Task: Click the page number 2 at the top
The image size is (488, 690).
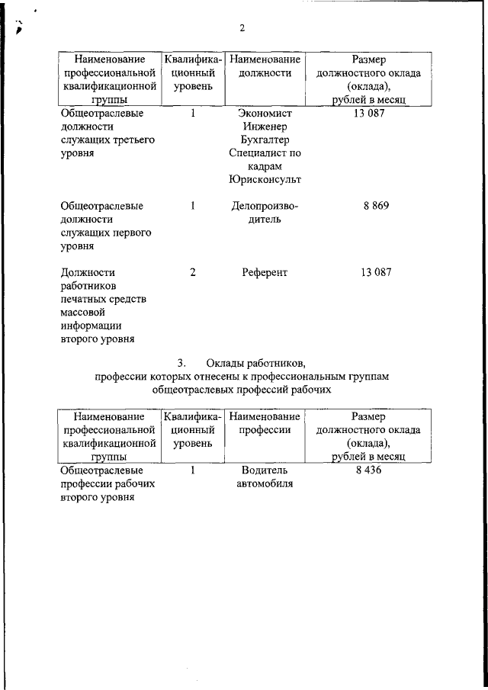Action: tap(242, 28)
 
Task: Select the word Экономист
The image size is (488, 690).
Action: tap(264, 114)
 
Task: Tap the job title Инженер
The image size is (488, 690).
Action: tap(264, 127)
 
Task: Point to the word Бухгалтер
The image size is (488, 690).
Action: tap(264, 140)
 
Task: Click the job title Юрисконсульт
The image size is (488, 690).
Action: tap(264, 180)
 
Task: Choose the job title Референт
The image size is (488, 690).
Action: tap(264, 272)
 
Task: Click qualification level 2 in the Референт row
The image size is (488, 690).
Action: tap(193, 272)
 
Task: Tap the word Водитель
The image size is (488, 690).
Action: tap(264, 471)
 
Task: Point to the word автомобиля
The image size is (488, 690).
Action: tap(264, 484)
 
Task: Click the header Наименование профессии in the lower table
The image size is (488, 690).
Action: tap(264, 423)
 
